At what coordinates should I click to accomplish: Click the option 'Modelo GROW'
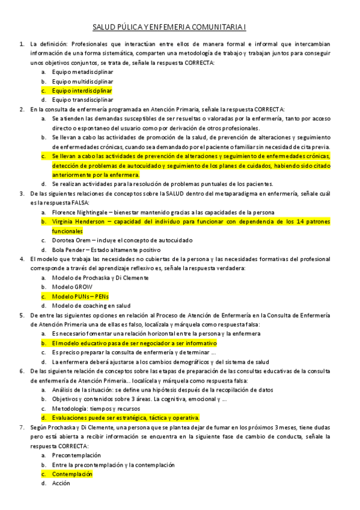click(x=70, y=287)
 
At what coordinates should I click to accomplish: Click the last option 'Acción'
click(x=61, y=483)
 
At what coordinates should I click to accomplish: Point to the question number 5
click(x=22, y=315)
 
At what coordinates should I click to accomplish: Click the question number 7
click(x=22, y=428)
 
